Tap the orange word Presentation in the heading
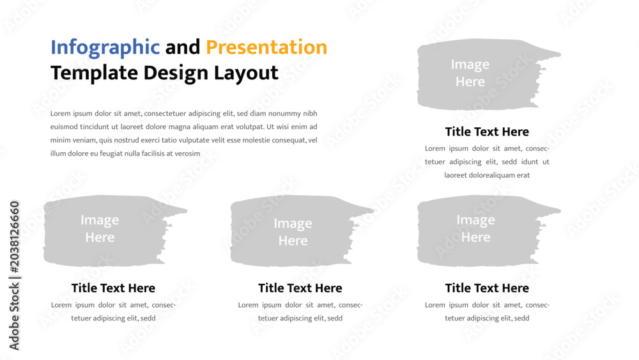tap(266, 47)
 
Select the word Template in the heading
tap(94, 74)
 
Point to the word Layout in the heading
tap(246, 74)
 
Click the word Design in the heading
tap(176, 74)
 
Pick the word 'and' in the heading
tap(183, 47)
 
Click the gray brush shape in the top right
tap(481, 74)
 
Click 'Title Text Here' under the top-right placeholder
tap(487, 132)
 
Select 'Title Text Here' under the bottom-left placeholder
tap(113, 288)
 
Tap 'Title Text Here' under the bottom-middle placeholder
tap(300, 288)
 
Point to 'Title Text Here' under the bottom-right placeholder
tap(487, 288)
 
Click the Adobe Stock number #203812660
tap(14, 237)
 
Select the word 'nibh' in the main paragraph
tap(310, 113)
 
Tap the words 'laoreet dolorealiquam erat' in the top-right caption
tap(487, 175)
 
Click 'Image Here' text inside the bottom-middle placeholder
tap(293, 231)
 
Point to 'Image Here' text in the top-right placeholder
tap(470, 73)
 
